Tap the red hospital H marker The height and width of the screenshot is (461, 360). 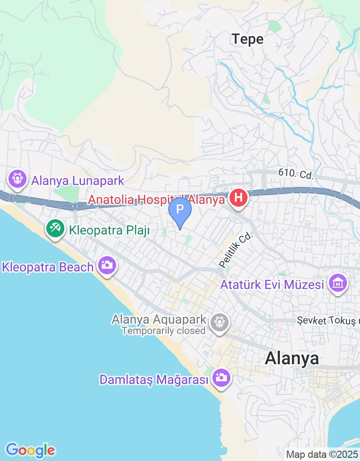[238, 198]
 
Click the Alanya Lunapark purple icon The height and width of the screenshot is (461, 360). [18, 178]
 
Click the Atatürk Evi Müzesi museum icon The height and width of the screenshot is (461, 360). [338, 283]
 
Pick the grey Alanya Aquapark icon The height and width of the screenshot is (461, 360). [220, 321]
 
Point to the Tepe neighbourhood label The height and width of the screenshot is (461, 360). [247, 39]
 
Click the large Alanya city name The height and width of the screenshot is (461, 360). [292, 358]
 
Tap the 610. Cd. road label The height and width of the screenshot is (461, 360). [296, 173]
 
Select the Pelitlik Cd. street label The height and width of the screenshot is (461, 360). [236, 251]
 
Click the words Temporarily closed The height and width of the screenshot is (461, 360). [164, 331]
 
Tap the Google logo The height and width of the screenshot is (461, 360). [30, 450]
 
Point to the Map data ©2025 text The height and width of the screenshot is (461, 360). [322, 455]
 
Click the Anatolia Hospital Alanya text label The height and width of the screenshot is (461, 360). [156, 199]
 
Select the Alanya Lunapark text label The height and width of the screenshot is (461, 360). [77, 181]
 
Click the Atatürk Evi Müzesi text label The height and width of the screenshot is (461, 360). [272, 285]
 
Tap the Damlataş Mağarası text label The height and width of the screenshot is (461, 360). [154, 380]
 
